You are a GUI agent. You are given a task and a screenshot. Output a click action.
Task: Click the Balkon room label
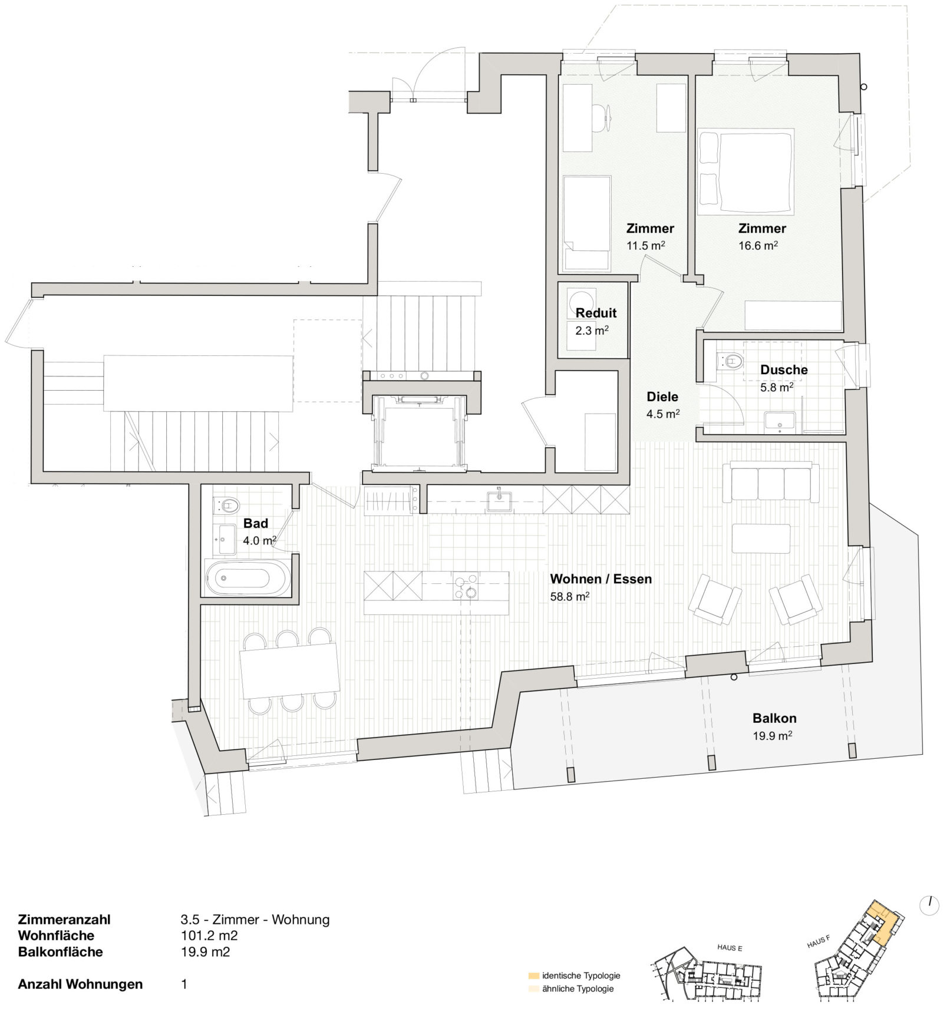tap(774, 718)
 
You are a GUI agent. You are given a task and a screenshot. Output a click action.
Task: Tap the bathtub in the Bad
tap(248, 577)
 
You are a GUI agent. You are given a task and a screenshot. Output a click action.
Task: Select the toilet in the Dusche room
tap(730, 361)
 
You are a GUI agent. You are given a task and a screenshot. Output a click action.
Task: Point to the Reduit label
tap(596, 313)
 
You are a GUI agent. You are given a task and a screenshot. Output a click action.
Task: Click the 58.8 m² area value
tap(570, 596)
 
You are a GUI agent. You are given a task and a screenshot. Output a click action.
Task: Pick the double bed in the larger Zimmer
tap(746, 171)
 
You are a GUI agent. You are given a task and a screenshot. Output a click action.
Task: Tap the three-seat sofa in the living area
tap(771, 482)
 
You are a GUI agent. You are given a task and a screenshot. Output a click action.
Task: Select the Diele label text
tap(662, 396)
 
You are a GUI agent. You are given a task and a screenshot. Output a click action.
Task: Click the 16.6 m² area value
tap(758, 246)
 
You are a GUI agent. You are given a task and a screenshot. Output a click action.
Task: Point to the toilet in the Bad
tap(227, 505)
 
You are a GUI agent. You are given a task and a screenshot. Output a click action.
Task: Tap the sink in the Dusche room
tap(780, 421)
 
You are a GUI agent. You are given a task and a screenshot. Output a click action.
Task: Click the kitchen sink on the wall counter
tap(499, 501)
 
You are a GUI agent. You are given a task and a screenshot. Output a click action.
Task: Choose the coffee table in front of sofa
tap(761, 538)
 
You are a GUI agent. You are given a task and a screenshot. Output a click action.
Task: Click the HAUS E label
tap(730, 948)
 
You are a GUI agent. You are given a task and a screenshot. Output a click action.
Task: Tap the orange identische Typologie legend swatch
tap(534, 976)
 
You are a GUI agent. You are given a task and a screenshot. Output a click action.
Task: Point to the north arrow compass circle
tap(929, 906)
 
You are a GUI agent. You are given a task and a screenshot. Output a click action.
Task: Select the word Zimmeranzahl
tap(64, 919)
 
